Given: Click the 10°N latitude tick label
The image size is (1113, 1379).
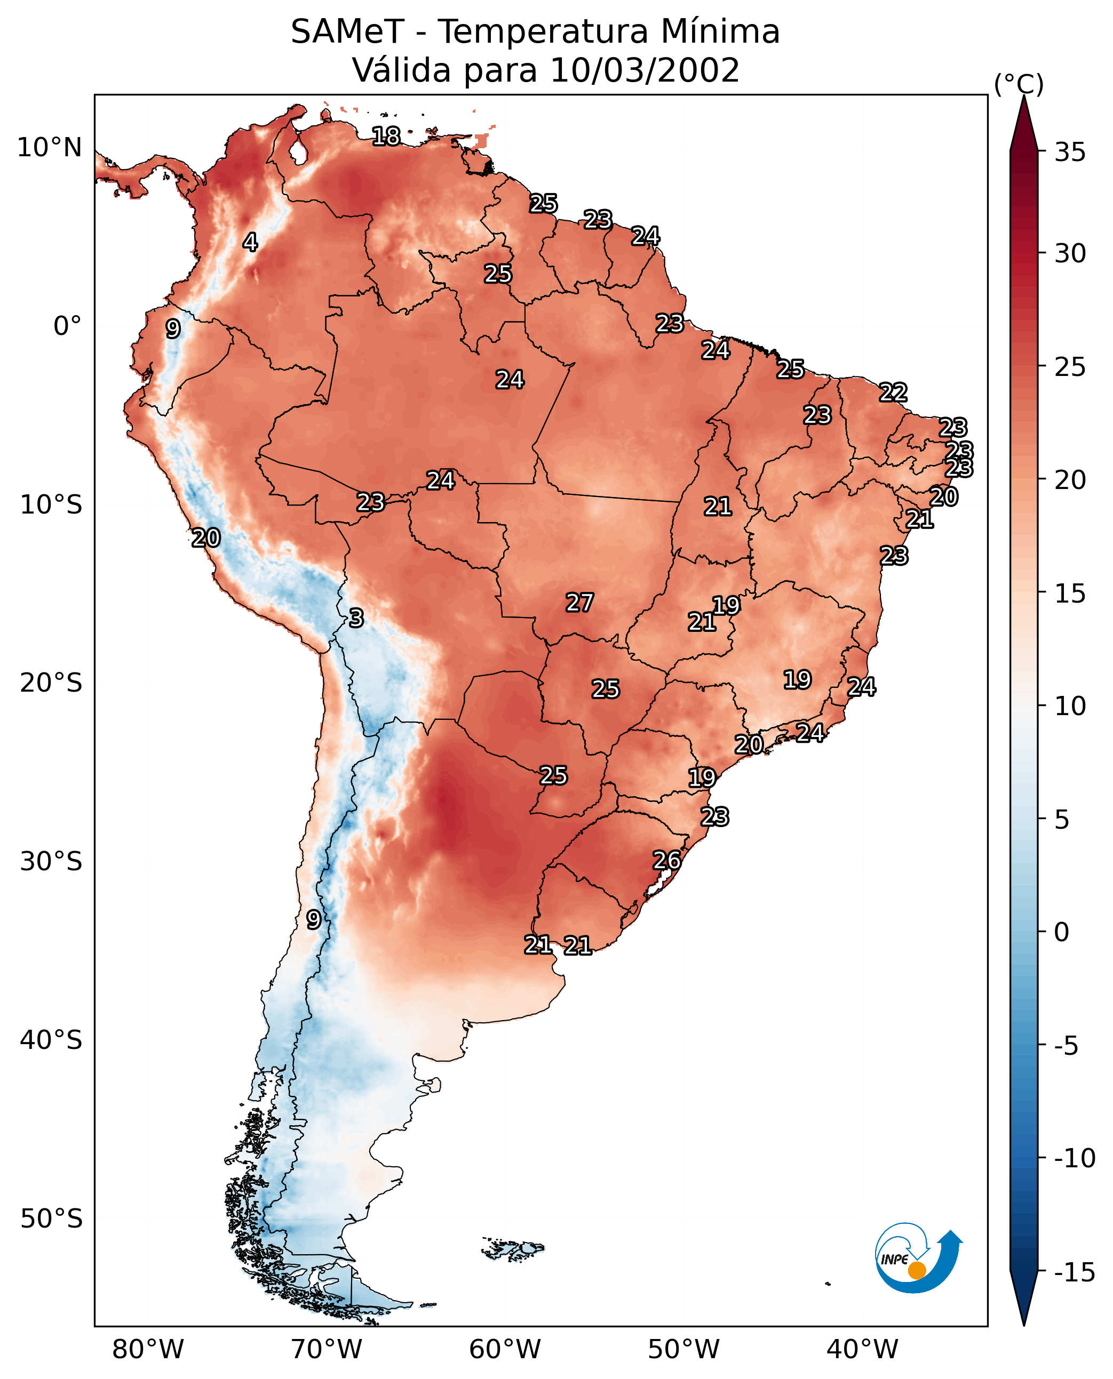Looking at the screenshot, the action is (50, 148).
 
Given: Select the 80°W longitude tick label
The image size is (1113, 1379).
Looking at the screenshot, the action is (148, 1349).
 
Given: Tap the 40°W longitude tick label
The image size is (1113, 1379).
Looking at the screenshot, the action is (862, 1349).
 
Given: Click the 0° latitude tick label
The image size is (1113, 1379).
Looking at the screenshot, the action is (67, 326).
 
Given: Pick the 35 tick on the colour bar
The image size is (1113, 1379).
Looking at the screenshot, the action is (1070, 153).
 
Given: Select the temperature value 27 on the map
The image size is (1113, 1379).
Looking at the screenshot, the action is (579, 603).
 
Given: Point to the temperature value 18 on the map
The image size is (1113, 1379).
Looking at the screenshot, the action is (386, 136).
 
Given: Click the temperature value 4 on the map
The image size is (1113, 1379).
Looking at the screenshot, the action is (250, 242).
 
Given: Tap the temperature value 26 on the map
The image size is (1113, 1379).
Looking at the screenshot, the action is (667, 861).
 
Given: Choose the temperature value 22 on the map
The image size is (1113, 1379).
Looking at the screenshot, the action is (893, 392).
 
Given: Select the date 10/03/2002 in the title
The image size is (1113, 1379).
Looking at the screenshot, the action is (645, 70).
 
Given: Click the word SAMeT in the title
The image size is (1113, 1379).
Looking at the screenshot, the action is (347, 32).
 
